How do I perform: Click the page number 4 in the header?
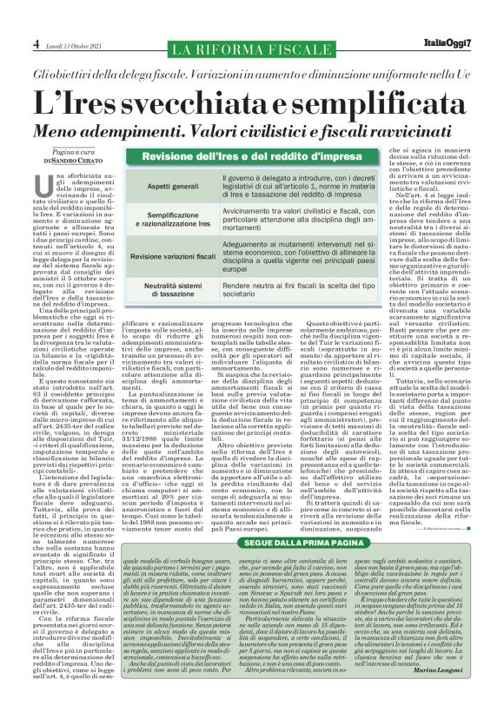click(36, 43)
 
